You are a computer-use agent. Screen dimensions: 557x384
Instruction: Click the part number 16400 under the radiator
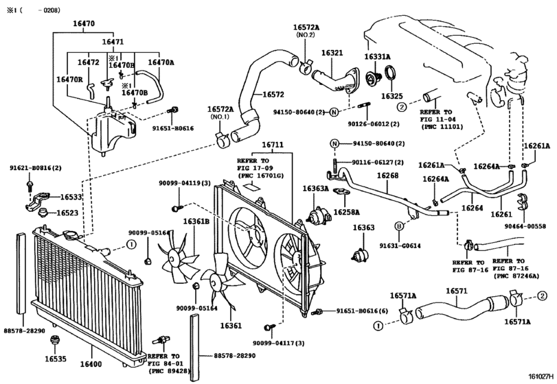click(x=91, y=364)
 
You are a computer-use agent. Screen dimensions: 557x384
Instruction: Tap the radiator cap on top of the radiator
click(x=71, y=235)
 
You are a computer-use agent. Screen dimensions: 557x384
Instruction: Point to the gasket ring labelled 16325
click(x=391, y=74)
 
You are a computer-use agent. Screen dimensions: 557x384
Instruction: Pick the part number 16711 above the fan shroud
click(x=273, y=145)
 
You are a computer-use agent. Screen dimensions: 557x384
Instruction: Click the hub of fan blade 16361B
click(x=174, y=255)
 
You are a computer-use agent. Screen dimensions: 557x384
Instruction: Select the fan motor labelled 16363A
click(x=315, y=216)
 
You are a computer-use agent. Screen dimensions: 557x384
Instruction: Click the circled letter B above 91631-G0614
click(x=399, y=226)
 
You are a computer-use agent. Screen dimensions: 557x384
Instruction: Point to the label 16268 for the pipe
click(x=387, y=176)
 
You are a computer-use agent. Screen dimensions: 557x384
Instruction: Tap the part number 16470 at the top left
click(x=84, y=24)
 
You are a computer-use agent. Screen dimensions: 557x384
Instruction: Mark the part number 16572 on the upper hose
click(x=273, y=95)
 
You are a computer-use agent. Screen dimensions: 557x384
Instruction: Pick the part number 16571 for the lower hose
click(x=457, y=291)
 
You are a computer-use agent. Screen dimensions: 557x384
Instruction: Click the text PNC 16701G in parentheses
click(x=260, y=175)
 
